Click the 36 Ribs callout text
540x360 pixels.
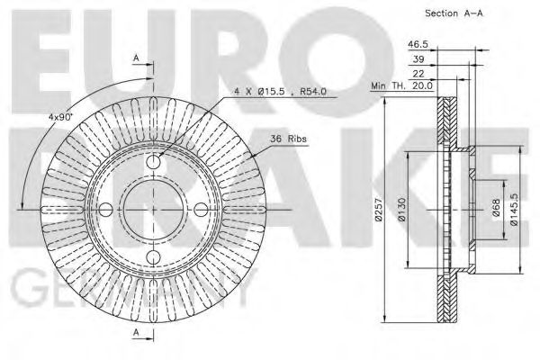288,138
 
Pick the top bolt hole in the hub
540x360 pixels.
153,163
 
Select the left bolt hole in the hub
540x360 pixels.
106,210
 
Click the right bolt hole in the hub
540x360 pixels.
200,210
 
